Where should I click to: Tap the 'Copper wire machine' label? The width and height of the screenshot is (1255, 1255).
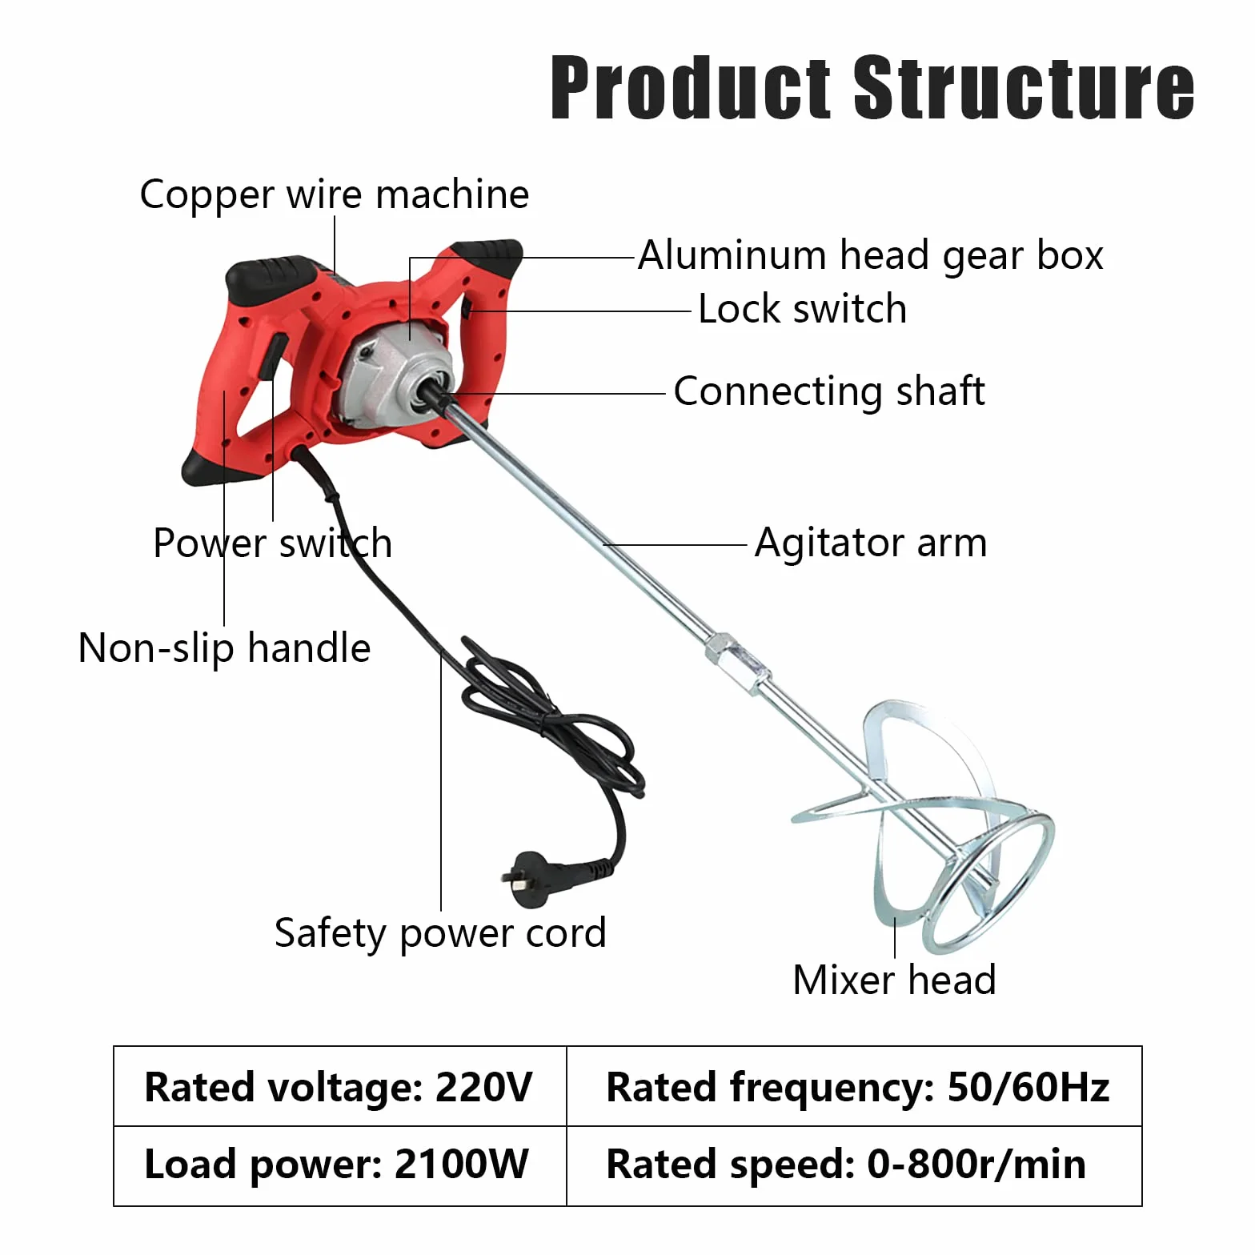tap(335, 194)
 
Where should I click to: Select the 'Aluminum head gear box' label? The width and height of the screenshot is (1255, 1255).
tap(871, 255)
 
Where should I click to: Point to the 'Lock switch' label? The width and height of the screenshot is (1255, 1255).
tap(803, 309)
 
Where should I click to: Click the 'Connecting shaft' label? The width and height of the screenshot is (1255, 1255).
tap(829, 391)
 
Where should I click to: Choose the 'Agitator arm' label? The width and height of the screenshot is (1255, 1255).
tap(871, 543)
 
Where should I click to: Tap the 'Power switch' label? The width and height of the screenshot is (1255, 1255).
tap(273, 543)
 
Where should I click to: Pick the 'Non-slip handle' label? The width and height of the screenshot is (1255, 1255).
tap(225, 648)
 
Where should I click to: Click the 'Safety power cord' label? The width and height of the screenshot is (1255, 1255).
tap(440, 933)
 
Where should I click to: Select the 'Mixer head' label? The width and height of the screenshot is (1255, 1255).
tap(894, 980)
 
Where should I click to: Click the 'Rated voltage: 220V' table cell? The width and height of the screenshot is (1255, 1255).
tap(340, 1086)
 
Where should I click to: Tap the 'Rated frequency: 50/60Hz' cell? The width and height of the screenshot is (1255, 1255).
tap(855, 1086)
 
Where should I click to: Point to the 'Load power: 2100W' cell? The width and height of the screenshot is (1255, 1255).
tap(340, 1165)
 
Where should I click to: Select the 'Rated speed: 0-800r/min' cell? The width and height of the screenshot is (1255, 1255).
tap(855, 1165)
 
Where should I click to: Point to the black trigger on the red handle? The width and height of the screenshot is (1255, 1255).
tap(272, 356)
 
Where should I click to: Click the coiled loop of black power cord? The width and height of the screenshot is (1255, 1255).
tap(552, 720)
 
